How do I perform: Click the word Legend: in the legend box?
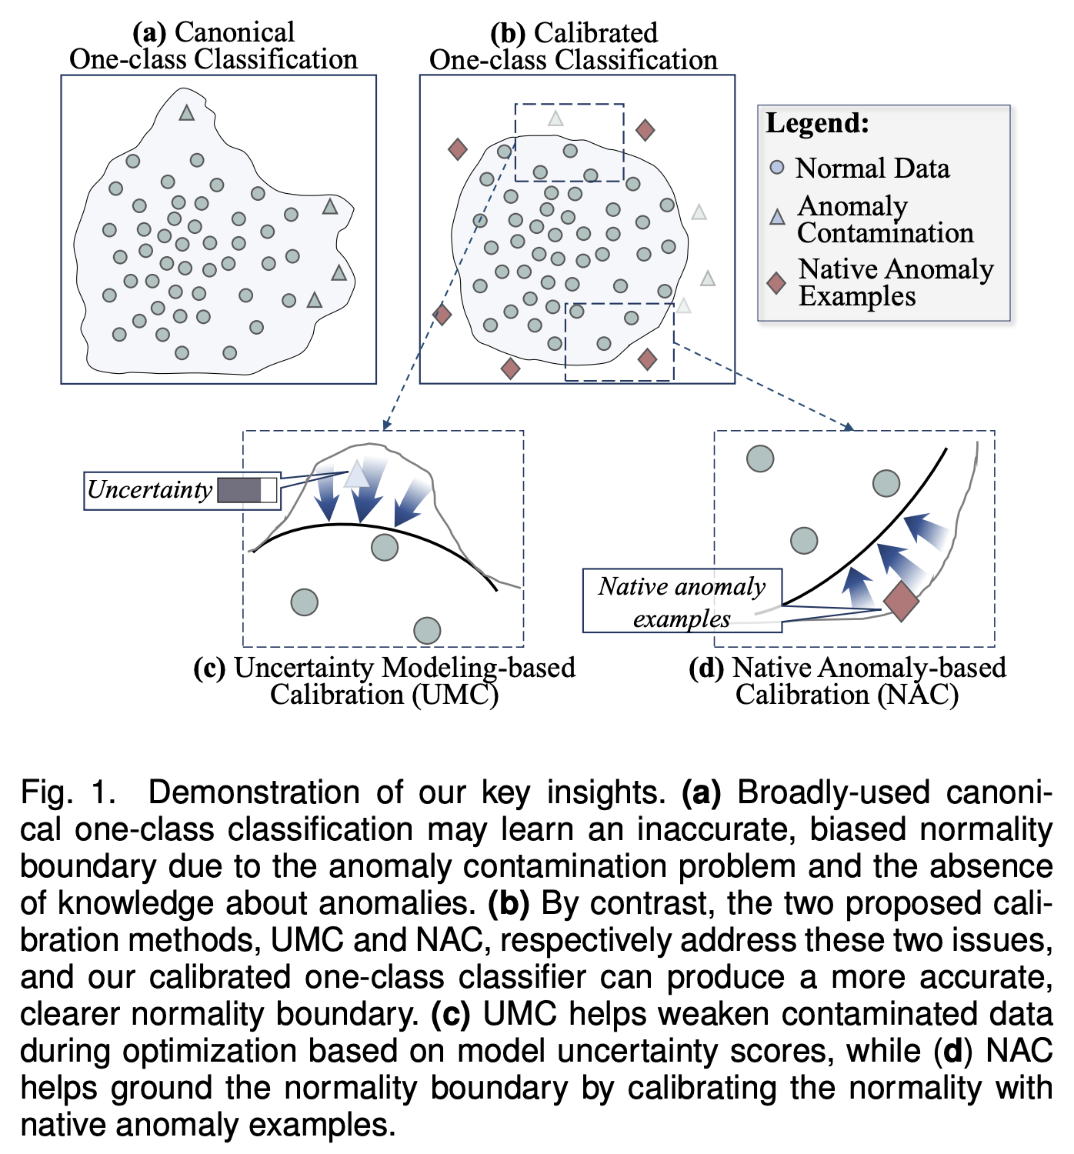(x=817, y=124)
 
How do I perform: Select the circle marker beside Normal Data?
(x=777, y=167)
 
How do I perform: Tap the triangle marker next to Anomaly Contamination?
(x=778, y=218)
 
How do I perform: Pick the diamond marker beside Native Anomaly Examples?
(x=777, y=283)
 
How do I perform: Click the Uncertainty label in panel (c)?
(x=150, y=490)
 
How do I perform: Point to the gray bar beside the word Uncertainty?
(x=246, y=490)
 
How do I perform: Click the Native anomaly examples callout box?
(x=682, y=602)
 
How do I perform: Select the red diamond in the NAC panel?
(x=901, y=601)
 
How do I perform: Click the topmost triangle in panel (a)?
(x=186, y=113)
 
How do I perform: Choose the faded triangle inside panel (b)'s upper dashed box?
(x=555, y=118)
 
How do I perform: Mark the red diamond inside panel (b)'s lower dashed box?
(x=648, y=359)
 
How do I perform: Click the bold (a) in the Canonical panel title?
(x=149, y=32)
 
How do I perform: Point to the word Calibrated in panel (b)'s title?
(x=595, y=33)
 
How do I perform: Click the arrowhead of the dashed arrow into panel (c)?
(x=385, y=425)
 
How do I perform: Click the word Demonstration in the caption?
(x=253, y=792)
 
